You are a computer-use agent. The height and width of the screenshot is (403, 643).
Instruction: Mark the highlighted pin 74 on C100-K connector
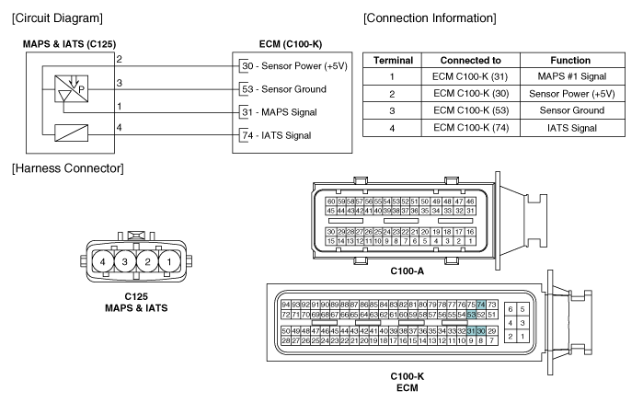pos(480,305)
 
